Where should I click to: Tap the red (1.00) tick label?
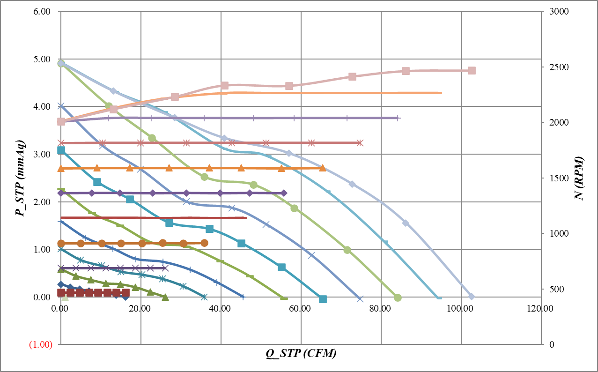40,344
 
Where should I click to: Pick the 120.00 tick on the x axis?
540,309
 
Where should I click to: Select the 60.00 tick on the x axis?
301,309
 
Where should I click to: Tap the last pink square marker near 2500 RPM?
472,70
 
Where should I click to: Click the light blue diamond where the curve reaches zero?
472,297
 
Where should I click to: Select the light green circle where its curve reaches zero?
398,298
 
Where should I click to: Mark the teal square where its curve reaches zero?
323,299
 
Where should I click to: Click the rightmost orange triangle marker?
322,168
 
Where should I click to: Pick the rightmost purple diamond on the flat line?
284,193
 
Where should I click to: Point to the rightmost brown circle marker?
204,243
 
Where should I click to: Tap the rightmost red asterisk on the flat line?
360,142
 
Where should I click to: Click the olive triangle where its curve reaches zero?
165,297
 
